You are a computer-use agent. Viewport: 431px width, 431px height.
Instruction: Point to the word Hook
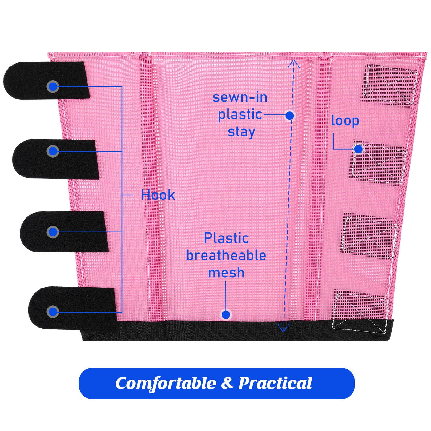point(158,195)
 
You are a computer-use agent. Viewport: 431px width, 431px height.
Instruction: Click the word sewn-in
point(240,98)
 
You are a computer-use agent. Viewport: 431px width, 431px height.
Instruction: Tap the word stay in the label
point(241,132)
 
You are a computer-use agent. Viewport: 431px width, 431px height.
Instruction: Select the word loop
point(345,121)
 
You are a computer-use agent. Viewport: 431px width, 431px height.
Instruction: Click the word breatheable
point(226,256)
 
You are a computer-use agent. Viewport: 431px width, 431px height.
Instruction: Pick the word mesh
point(226,273)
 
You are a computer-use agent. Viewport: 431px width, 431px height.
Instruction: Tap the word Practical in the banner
point(275,383)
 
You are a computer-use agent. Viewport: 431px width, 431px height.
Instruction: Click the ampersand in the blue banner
point(227,383)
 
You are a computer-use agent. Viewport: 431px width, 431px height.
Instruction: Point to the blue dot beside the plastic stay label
point(290,115)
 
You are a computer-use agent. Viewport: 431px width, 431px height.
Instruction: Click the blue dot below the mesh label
point(226,315)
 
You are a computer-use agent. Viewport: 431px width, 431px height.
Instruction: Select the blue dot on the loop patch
point(358,149)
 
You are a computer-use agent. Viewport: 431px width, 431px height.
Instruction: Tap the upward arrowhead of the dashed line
point(294,64)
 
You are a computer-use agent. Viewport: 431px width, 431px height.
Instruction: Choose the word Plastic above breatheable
point(226,238)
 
